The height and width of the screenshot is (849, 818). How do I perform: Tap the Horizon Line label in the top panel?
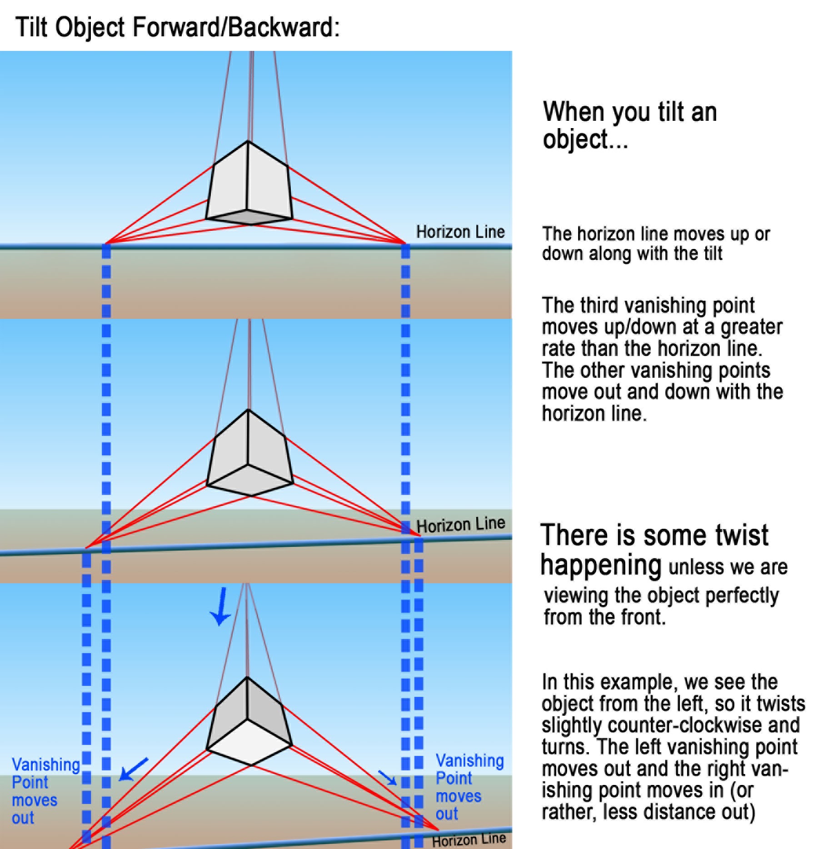tap(460, 232)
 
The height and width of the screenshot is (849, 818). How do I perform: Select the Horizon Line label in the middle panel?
tap(461, 525)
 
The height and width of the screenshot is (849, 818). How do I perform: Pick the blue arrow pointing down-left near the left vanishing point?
tap(133, 770)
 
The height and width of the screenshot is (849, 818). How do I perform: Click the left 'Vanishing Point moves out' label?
tap(45, 791)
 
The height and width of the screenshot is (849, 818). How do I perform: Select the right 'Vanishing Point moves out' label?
tap(469, 787)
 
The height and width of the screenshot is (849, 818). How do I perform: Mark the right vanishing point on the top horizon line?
tap(405, 243)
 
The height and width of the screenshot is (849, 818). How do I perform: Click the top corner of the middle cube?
tap(248, 410)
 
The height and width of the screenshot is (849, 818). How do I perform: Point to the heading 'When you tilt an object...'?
tap(629, 125)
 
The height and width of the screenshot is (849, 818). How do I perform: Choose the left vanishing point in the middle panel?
tap(86, 548)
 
